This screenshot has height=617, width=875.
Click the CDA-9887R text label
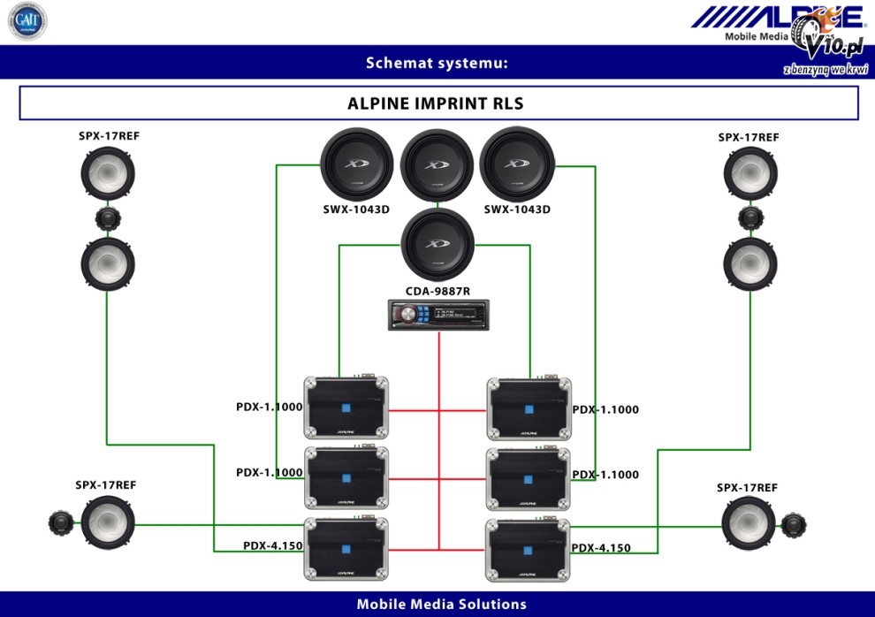point(437,291)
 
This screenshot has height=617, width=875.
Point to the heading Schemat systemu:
point(437,63)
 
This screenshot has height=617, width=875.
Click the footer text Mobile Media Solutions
point(441,605)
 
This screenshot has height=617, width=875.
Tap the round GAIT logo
point(27,21)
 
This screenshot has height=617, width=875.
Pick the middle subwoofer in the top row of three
point(437,165)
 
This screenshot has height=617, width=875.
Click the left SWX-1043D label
point(356,209)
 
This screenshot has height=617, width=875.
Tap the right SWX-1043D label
point(517,209)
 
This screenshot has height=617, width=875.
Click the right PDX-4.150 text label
point(601,548)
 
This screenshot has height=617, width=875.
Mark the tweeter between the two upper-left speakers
point(108,219)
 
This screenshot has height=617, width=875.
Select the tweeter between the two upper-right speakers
point(749,219)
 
